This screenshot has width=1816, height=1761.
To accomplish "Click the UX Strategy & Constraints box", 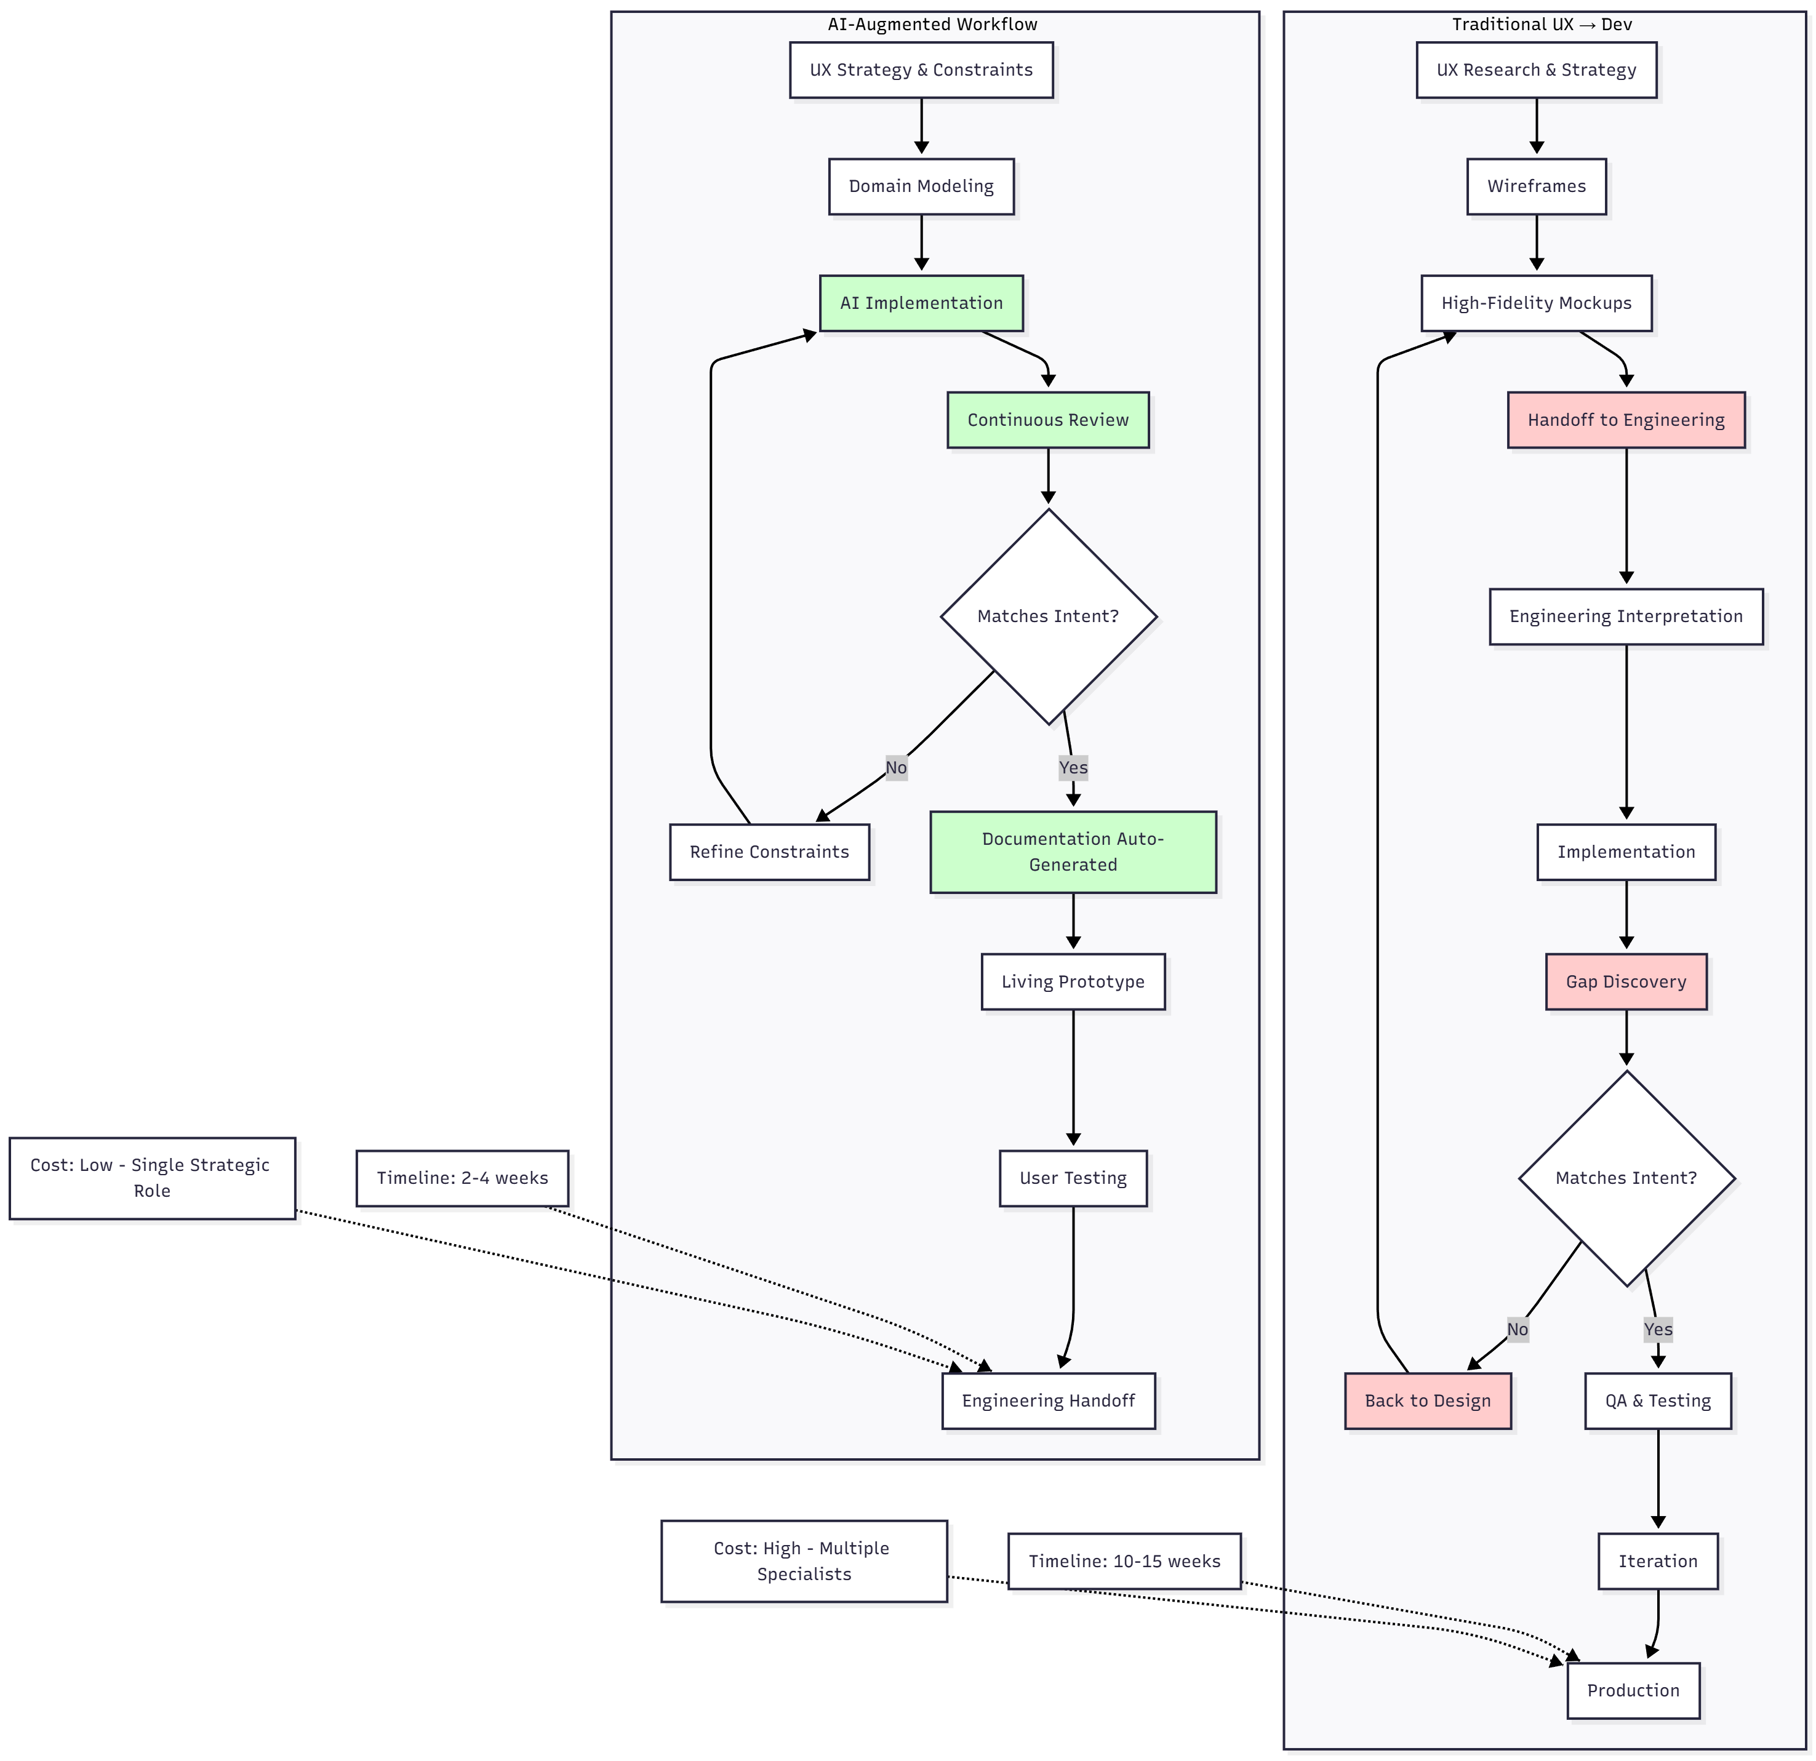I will [921, 70].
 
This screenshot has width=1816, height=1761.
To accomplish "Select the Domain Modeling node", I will [921, 186].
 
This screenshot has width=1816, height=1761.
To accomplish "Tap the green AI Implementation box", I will [921, 303].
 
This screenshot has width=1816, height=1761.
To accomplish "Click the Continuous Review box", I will [1048, 420].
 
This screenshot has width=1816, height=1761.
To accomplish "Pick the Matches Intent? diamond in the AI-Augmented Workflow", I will [1048, 616].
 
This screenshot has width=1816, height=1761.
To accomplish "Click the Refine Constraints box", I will [769, 852].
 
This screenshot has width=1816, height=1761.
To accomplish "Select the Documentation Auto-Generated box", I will [1073, 852].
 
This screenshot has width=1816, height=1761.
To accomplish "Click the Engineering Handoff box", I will [1048, 1400].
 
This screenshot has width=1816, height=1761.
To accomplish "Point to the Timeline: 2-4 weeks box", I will [462, 1178].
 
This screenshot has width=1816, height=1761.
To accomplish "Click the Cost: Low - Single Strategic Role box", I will [152, 1178].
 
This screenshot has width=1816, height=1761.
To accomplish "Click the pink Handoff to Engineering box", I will [1626, 420].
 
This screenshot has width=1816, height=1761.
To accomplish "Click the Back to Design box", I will [1428, 1400].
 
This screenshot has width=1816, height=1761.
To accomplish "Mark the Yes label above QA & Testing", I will [1658, 1329].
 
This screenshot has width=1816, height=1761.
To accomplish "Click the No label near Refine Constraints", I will [896, 767].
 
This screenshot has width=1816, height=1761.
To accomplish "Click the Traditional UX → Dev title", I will [1542, 24].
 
